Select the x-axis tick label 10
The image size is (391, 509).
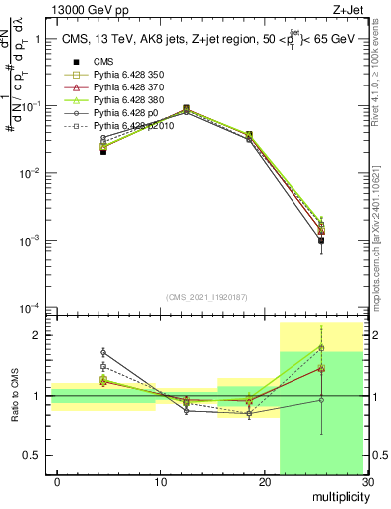(160, 482)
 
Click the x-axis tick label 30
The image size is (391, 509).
(367, 482)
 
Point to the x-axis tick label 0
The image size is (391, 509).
(57, 482)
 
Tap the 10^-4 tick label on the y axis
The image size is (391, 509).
(29, 307)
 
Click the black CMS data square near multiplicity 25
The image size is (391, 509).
(321, 240)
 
